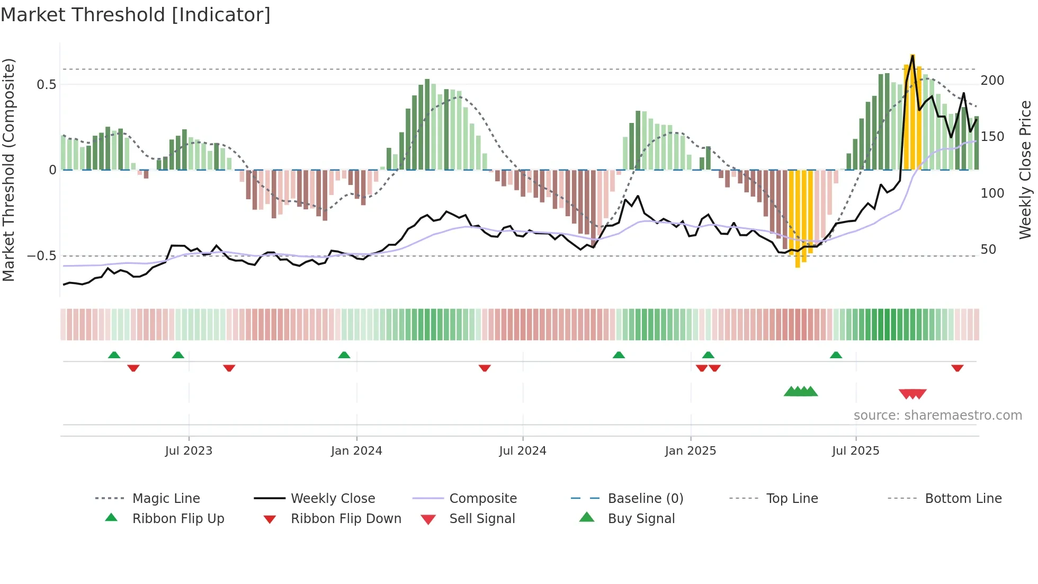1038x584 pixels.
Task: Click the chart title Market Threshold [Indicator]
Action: [136, 15]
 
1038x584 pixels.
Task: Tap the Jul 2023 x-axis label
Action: [189, 451]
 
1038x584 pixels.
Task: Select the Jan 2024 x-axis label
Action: [356, 451]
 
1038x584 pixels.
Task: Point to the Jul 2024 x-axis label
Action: [523, 451]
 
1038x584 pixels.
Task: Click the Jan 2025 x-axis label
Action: [691, 451]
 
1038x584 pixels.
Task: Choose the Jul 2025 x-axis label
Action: [856, 451]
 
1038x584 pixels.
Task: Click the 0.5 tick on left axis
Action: [47, 85]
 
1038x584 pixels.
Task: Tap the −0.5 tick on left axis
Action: [42, 256]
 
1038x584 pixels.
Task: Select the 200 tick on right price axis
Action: [992, 81]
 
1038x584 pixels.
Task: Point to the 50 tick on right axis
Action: [988, 250]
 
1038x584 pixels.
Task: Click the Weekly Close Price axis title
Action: [1026, 170]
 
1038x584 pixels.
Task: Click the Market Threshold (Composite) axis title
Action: [8, 170]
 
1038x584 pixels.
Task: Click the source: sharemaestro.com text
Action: [937, 415]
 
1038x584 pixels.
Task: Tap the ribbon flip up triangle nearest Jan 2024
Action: [344, 355]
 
